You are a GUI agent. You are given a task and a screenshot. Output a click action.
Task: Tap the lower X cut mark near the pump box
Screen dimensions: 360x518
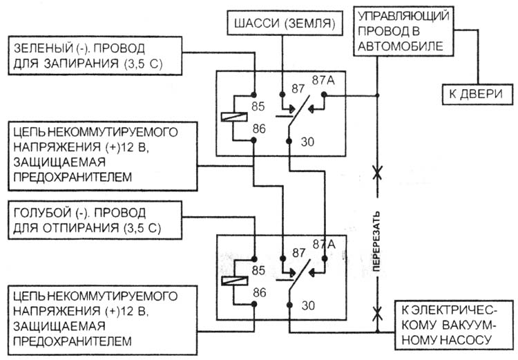[x=377, y=314]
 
